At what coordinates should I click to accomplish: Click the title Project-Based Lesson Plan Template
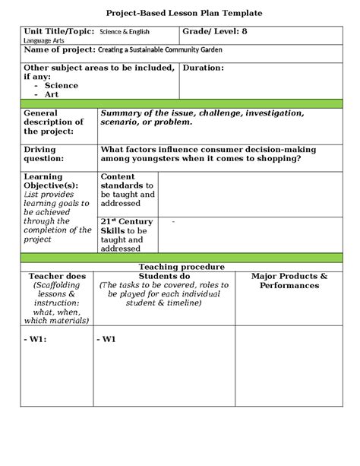(180, 14)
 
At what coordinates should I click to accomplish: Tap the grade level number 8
(245, 32)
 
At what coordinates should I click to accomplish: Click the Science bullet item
(61, 86)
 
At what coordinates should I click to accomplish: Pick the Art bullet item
(55, 96)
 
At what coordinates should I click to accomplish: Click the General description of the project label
(53, 122)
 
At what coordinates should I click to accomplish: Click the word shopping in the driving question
(271, 160)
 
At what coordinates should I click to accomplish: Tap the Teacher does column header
(51, 275)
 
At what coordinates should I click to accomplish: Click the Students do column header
(164, 275)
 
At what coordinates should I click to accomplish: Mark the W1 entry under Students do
(106, 339)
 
